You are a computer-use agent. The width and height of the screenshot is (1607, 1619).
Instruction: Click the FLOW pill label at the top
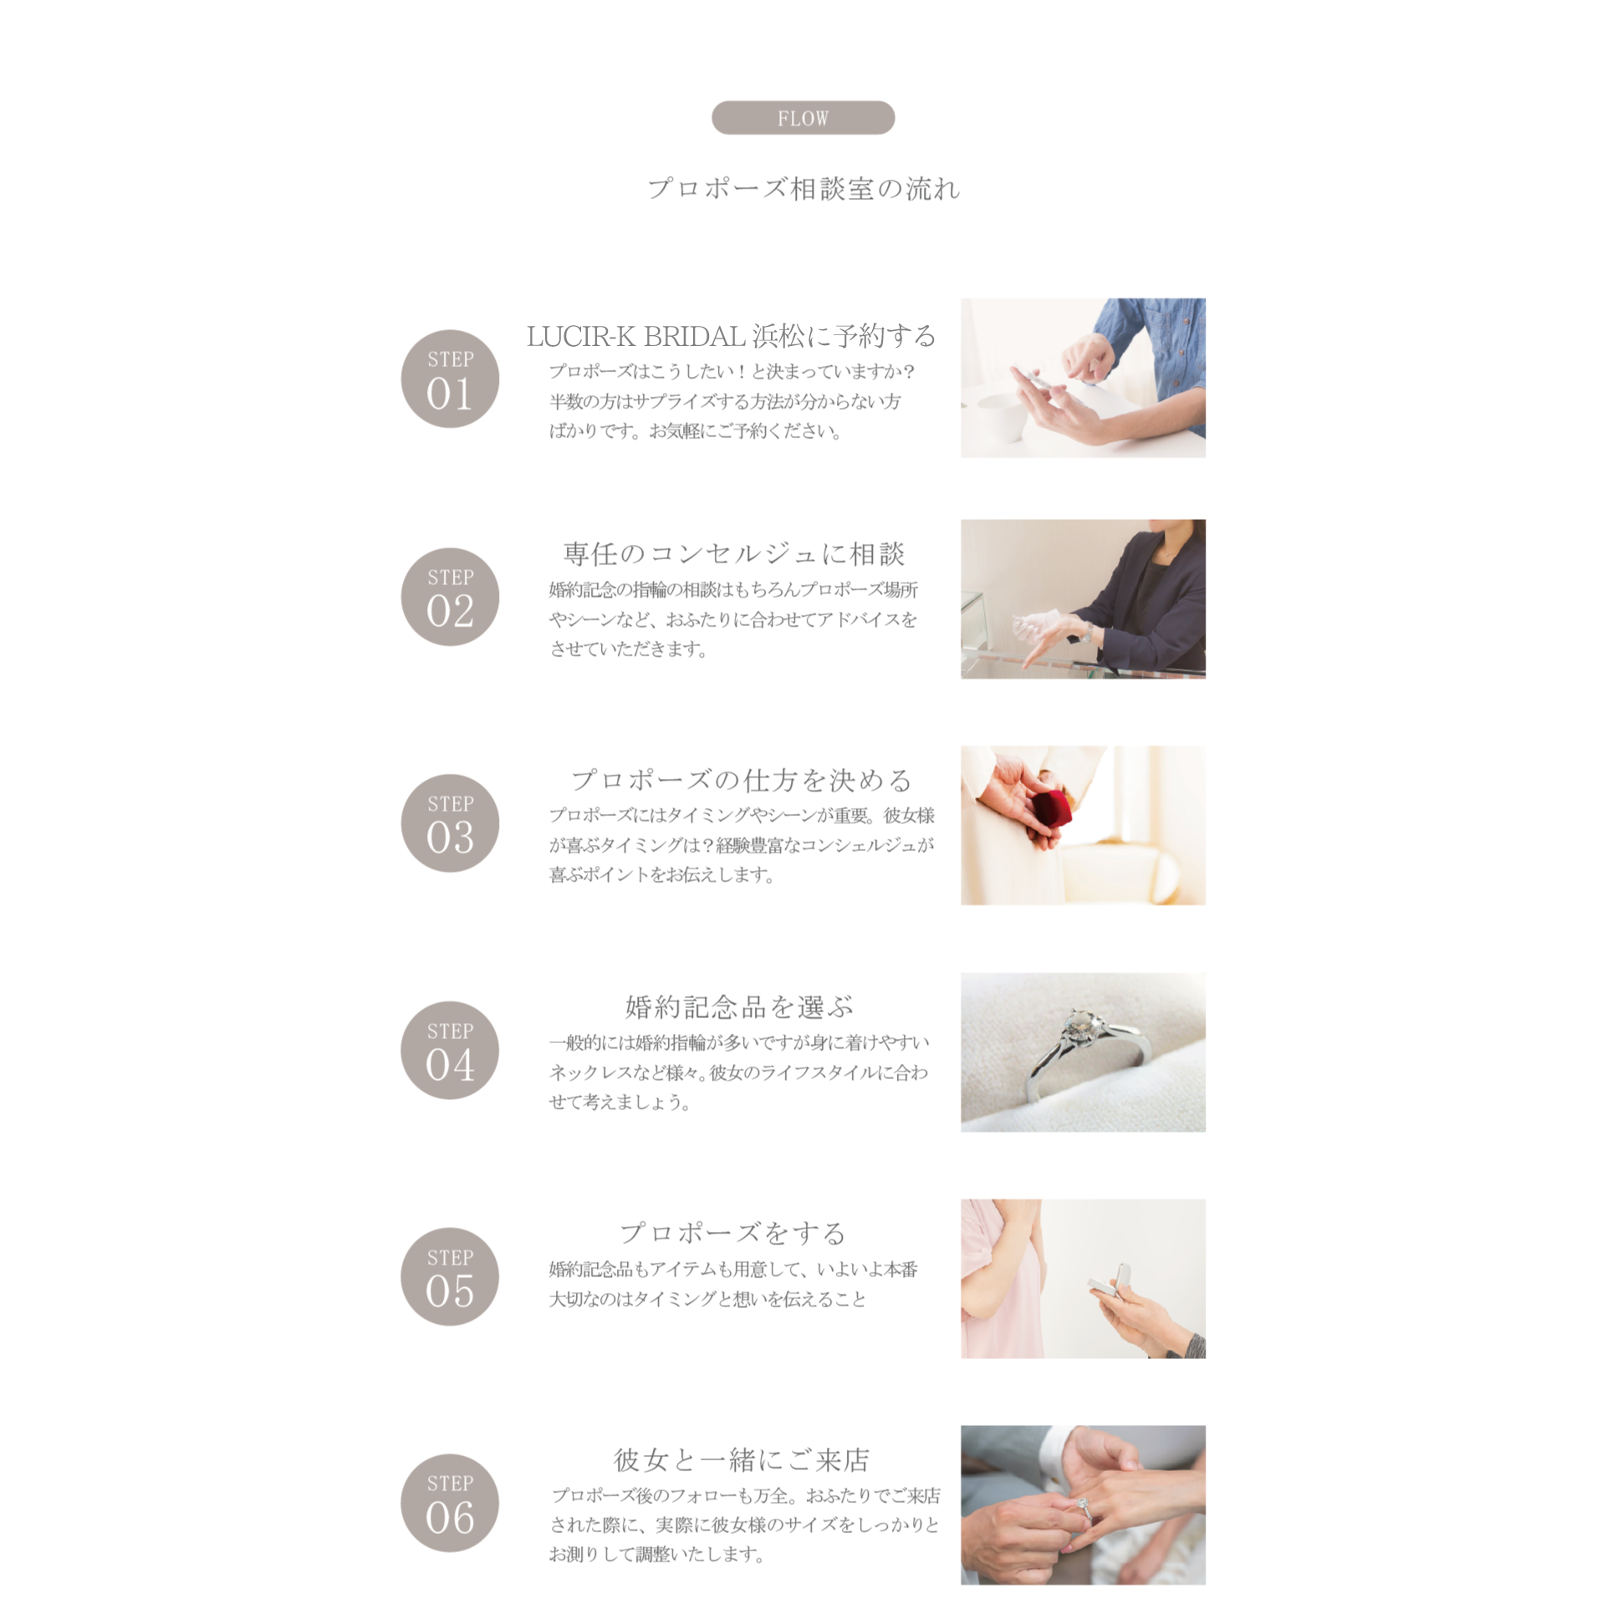point(802,117)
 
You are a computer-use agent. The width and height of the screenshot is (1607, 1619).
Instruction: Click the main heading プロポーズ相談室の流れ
point(803,189)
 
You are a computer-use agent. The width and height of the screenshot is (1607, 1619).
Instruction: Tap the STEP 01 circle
point(450,379)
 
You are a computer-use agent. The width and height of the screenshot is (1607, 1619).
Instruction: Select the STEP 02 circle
point(450,597)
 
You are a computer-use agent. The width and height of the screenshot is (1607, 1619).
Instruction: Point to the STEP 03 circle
point(450,823)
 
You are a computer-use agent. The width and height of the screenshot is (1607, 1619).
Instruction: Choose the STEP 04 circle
point(450,1050)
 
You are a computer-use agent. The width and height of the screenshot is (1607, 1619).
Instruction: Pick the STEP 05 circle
point(450,1276)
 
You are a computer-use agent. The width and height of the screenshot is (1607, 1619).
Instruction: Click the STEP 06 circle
point(450,1503)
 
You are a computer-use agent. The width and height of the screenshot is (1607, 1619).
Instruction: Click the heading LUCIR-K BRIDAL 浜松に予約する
point(731,336)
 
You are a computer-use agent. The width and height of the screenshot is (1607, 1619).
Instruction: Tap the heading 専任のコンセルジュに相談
point(734,553)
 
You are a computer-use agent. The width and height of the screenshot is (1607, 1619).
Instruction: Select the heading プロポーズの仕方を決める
point(742,780)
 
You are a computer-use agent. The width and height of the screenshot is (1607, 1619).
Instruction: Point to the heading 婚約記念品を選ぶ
point(739,1006)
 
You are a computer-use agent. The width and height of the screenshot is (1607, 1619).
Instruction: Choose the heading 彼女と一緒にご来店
point(742,1460)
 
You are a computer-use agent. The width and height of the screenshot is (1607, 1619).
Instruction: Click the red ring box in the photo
point(1051,809)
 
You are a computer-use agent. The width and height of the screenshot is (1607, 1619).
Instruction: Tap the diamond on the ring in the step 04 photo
point(1080,1025)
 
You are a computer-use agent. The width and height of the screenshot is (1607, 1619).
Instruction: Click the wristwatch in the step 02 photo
point(1087,631)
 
